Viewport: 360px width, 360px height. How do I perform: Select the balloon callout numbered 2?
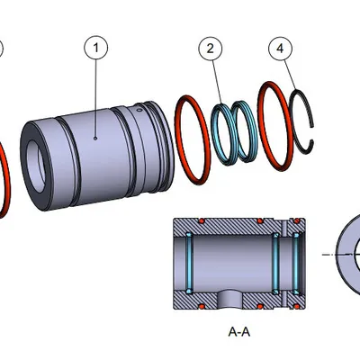point(210,49)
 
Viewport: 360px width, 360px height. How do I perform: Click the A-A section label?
point(238,331)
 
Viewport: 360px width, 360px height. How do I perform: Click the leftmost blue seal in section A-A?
point(191,262)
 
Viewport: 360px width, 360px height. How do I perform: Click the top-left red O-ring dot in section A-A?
point(203,222)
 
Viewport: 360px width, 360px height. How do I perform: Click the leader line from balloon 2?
point(219,85)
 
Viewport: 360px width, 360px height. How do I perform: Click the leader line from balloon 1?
point(95,99)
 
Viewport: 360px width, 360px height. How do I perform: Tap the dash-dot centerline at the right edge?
point(346,256)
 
